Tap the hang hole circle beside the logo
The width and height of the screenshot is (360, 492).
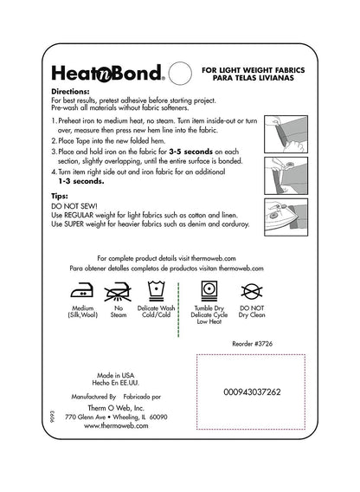point(179,72)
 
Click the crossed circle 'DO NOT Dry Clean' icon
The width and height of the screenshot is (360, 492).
point(253,290)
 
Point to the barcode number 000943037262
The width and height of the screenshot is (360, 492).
point(252,392)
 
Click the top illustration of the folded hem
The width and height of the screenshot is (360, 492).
point(285,128)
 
